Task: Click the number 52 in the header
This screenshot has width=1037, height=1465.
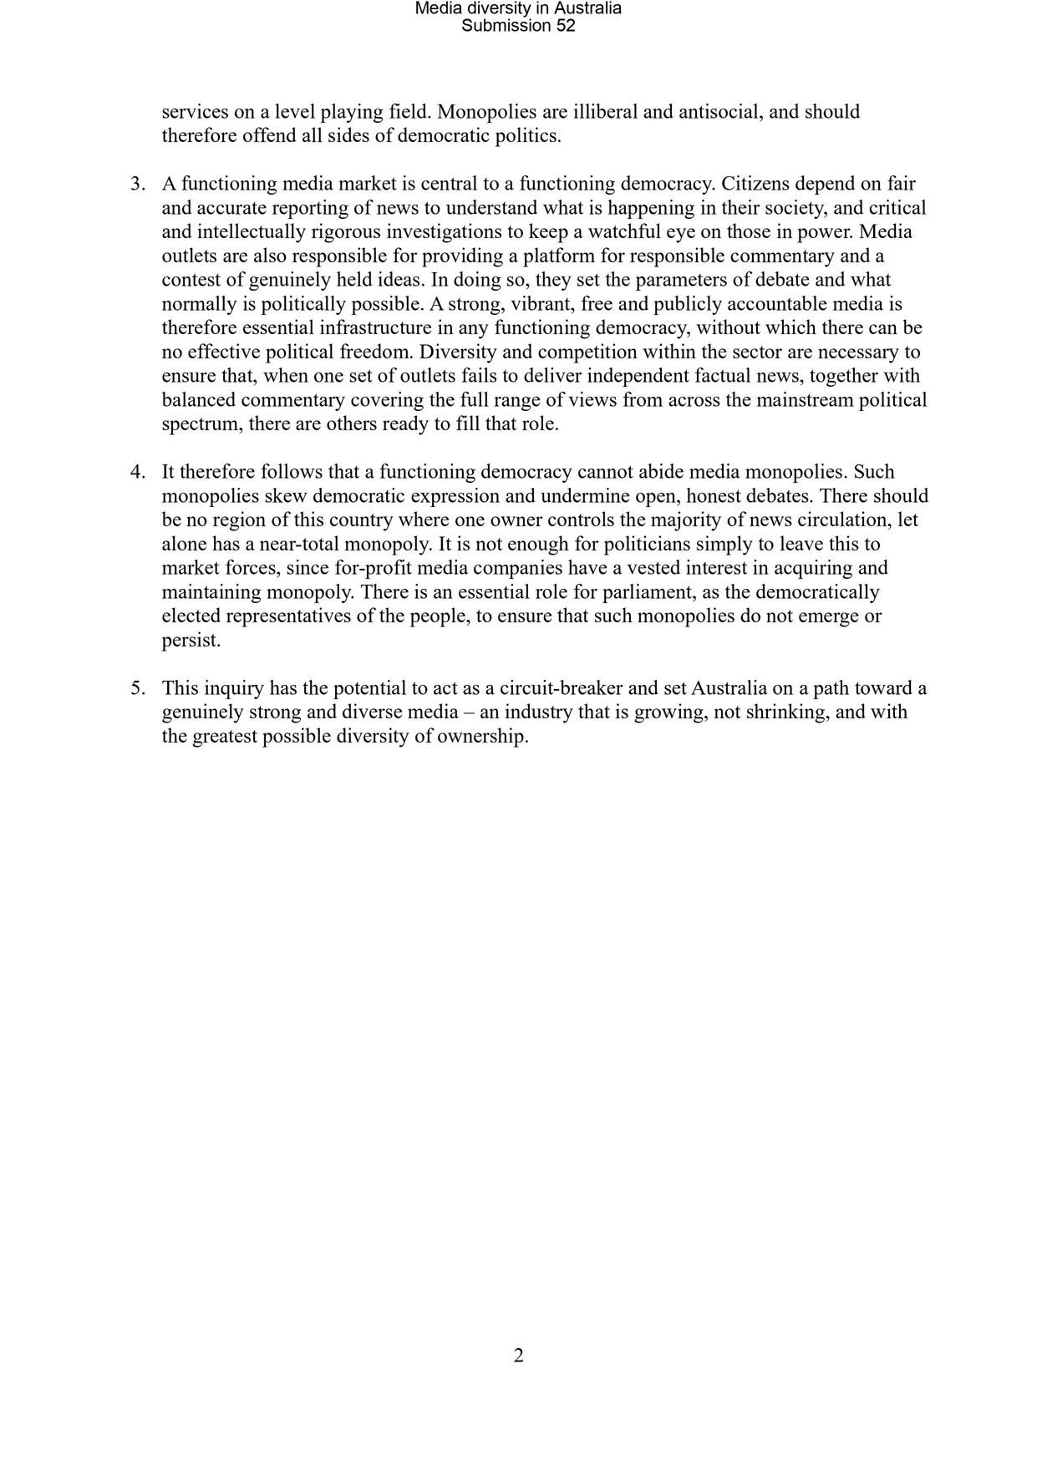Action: [566, 26]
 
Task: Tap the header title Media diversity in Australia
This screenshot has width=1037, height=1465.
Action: [518, 8]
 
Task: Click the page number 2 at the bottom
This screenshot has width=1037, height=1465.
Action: [518, 1356]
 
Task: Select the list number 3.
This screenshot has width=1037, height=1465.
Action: [137, 184]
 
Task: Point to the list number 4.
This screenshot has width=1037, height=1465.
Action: [137, 472]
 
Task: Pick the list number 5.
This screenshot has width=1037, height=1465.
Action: [137, 688]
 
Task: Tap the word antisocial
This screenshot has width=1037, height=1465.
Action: [717, 112]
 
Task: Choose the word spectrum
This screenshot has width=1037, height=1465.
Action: [200, 424]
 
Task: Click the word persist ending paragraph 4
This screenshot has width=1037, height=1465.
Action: [191, 641]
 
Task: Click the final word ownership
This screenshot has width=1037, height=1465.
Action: [485, 737]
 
